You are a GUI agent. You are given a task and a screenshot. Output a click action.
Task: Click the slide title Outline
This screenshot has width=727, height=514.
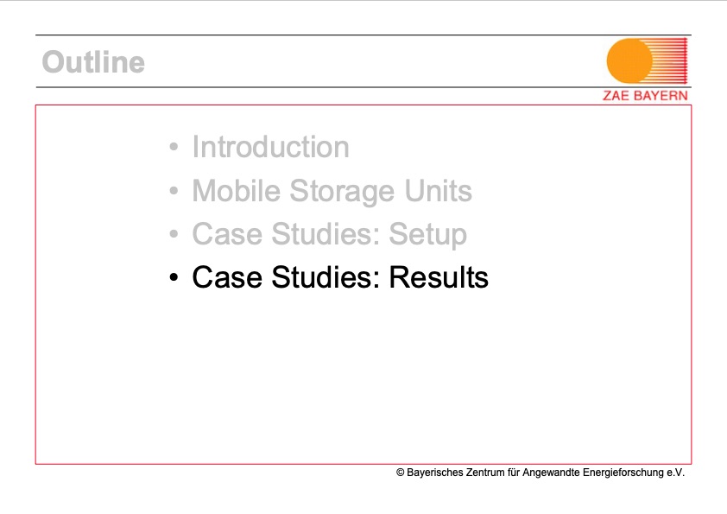tap(93, 62)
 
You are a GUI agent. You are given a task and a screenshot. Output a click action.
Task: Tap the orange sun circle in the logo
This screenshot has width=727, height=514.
tap(630, 60)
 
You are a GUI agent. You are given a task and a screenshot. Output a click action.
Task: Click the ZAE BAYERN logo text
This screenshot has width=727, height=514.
tap(645, 96)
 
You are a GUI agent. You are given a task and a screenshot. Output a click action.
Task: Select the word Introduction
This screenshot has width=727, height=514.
tap(270, 148)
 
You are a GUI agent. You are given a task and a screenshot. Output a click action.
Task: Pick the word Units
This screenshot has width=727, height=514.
tap(434, 191)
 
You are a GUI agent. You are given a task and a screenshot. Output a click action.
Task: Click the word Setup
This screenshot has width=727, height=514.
tap(427, 235)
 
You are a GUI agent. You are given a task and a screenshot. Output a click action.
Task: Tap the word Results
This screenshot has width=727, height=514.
tap(438, 278)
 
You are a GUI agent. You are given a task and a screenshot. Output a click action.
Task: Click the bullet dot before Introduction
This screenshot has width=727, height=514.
tap(174, 148)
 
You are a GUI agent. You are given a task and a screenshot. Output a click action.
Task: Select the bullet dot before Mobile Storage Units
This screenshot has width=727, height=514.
tap(174, 191)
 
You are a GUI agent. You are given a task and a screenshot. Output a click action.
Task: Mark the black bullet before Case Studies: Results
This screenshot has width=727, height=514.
tap(174, 278)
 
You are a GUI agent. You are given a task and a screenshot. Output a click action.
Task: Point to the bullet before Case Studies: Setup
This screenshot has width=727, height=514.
tap(174, 235)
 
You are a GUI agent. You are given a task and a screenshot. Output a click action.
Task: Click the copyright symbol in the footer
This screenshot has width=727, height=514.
tap(401, 473)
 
